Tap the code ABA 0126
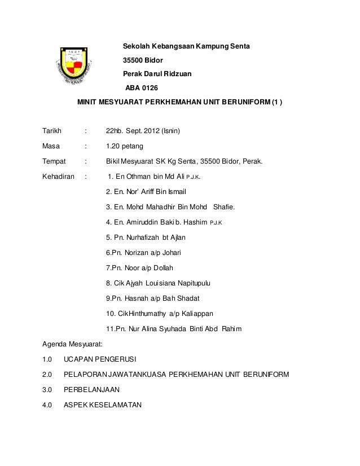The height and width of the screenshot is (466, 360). tap(142, 88)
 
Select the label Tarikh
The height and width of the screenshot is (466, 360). tap(52, 131)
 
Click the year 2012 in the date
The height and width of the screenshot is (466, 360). tap(151, 131)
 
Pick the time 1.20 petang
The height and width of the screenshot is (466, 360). tap(125, 147)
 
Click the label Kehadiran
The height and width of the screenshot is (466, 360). tap(59, 177)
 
